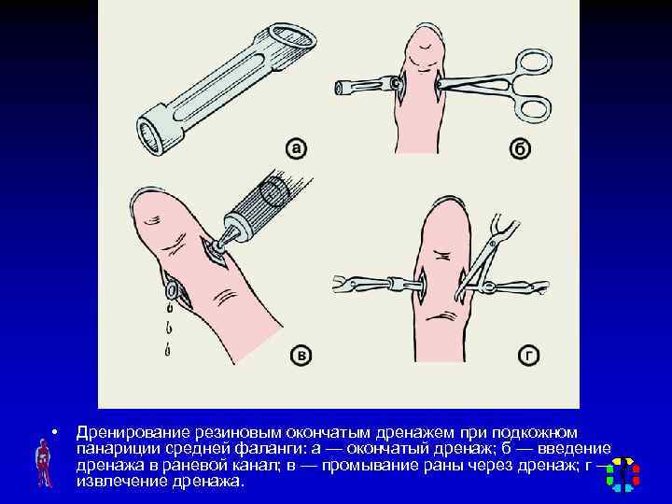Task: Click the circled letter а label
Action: (x=296, y=148)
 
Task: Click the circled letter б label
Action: (x=520, y=148)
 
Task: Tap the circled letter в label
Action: (x=301, y=356)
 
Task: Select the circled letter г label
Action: (x=528, y=356)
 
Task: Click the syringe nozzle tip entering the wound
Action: (x=217, y=246)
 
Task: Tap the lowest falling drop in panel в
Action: (x=167, y=351)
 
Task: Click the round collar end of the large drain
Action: (x=151, y=130)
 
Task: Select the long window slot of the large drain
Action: (x=222, y=86)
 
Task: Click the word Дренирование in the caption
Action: (x=133, y=433)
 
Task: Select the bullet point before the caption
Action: (x=54, y=432)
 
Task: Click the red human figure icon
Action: (x=44, y=463)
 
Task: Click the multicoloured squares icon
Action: (x=623, y=474)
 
